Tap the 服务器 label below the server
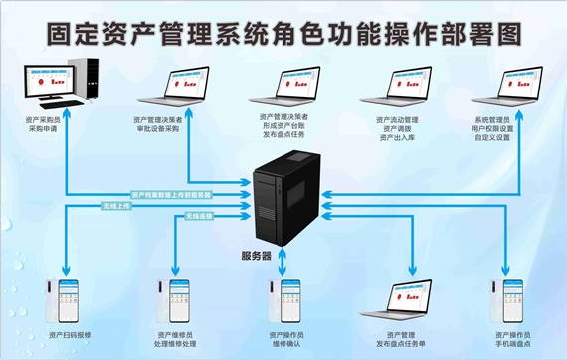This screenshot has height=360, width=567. click(283, 257)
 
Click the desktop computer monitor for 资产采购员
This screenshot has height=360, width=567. click(44, 84)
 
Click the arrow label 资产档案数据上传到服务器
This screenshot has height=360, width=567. click(171, 194)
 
